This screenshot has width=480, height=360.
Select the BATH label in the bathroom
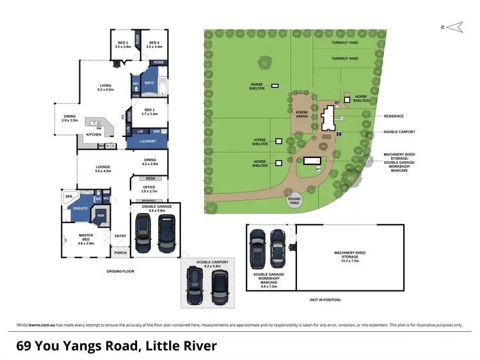149,83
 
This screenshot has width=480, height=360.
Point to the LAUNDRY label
147,141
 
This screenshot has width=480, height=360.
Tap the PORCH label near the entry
120,253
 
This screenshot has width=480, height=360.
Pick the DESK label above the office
150,178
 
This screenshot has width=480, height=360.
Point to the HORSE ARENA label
302,114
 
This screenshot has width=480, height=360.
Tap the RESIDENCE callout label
394,116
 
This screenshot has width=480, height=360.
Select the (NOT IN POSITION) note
324,300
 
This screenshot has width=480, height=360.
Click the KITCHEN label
93,135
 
